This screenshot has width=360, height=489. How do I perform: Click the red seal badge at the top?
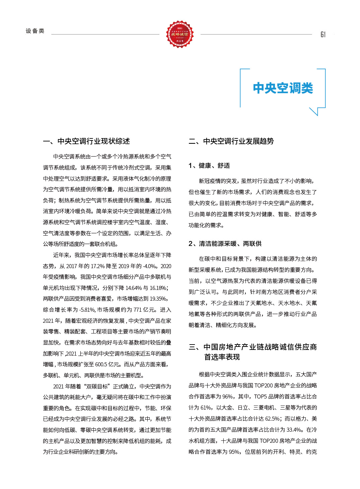180,34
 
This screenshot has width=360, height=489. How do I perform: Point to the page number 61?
323,35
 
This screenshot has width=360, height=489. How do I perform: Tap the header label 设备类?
35,31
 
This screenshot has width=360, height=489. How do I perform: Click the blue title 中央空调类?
283,88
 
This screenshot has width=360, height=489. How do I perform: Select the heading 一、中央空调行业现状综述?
86,141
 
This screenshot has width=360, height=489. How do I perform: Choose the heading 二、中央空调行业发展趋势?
231,141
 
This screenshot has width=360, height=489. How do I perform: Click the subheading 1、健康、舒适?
209,166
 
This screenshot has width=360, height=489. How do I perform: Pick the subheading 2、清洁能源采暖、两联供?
225,244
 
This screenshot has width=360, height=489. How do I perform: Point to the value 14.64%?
134,288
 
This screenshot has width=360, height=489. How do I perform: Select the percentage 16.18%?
158,288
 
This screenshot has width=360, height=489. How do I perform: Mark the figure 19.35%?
158,299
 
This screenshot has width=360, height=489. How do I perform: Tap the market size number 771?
138,310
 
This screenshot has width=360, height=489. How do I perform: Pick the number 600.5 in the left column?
101,365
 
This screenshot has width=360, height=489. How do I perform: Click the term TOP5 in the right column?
261,397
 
